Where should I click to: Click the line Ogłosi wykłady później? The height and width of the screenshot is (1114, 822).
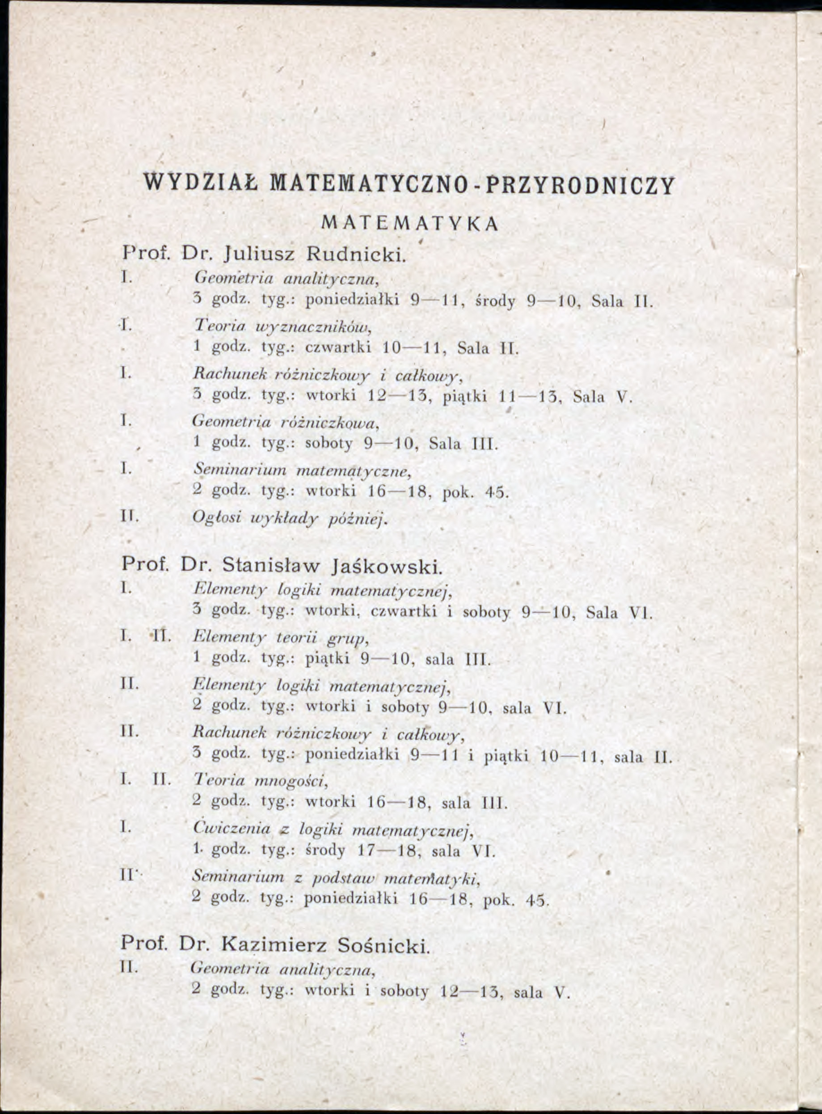290,518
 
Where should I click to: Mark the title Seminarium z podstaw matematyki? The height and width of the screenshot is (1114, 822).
336,877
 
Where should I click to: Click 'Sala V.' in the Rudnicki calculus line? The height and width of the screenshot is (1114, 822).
602,397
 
